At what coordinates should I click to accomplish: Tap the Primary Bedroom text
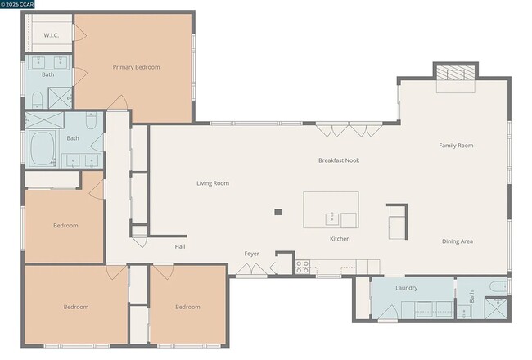(136, 67)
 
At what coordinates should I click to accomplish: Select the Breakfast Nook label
(338, 160)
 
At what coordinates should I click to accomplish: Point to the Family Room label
(456, 146)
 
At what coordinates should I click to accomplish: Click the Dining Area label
(457, 241)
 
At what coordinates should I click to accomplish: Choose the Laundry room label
(406, 288)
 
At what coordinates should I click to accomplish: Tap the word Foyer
(251, 254)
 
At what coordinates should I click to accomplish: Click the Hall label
(180, 246)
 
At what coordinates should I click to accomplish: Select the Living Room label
(212, 183)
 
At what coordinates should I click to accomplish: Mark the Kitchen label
(340, 239)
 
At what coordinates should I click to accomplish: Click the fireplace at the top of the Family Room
(454, 74)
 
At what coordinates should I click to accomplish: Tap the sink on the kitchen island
(333, 218)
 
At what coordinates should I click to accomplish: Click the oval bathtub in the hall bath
(42, 149)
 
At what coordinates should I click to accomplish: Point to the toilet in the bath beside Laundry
(498, 286)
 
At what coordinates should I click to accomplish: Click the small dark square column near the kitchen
(278, 212)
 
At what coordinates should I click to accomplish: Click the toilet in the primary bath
(37, 100)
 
